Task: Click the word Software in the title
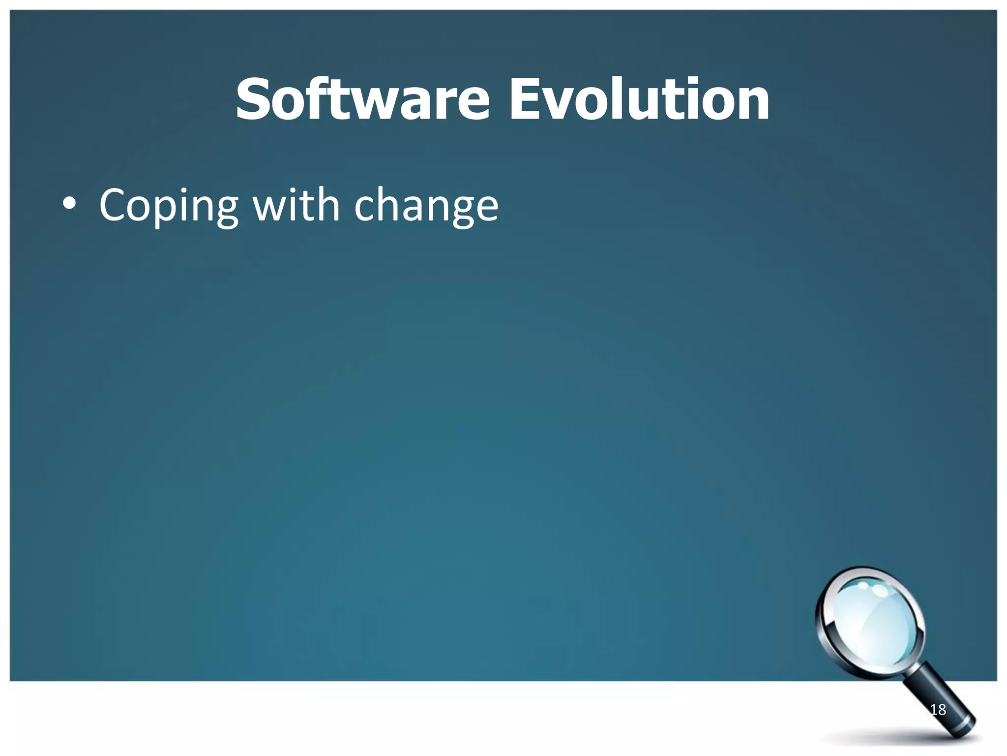[x=362, y=100]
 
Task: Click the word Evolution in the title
[x=639, y=100]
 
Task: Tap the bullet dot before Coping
[x=69, y=204]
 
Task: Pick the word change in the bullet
[x=426, y=206]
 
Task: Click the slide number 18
[x=938, y=709]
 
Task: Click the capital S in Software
[x=255, y=100]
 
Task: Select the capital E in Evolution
[x=525, y=100]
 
